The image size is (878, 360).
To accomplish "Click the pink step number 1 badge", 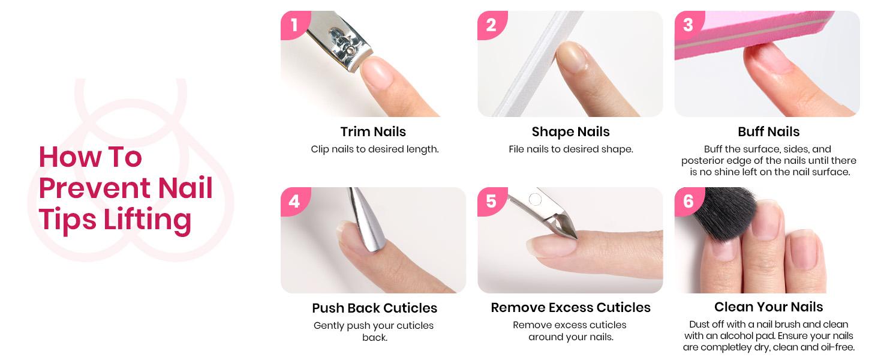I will [x=293, y=25].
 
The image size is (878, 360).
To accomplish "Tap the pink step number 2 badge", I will [x=491, y=25].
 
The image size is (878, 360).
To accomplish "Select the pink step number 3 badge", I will [x=687, y=25].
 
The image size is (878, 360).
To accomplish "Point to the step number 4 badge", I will [x=293, y=200].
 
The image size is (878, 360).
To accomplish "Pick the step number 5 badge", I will [x=491, y=200].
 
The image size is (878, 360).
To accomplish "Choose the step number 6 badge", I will [x=687, y=200].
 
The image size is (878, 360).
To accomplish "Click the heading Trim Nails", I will [x=373, y=131].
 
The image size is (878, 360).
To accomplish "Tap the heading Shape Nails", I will [x=570, y=131].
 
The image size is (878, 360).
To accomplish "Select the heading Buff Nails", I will [x=768, y=131].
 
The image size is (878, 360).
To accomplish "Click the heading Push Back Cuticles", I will [x=374, y=308].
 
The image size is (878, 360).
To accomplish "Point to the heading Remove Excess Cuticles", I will [x=570, y=307].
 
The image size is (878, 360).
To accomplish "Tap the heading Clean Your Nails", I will [x=768, y=307].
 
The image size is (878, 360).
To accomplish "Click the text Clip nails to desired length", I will [x=374, y=149].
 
